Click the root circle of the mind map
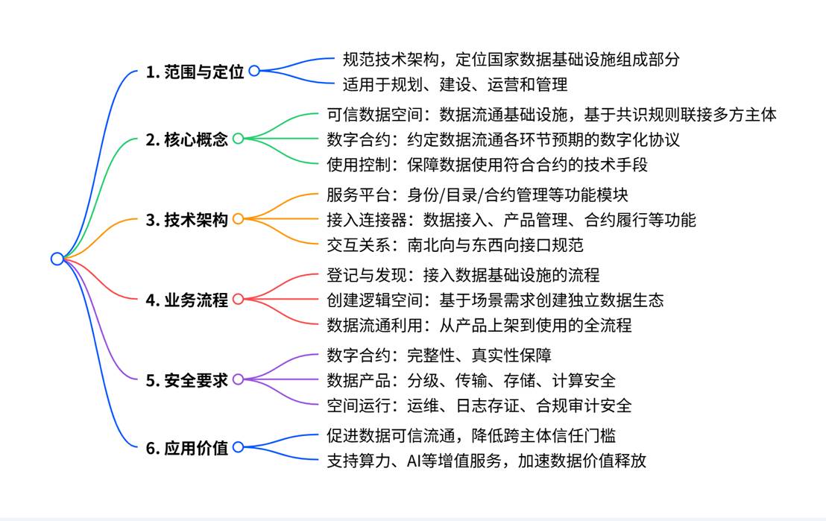coord(57,259)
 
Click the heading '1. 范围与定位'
coord(195,72)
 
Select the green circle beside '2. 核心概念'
coord(238,139)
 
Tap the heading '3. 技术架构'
coord(187,219)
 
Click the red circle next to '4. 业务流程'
coord(238,300)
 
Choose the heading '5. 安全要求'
coord(187,380)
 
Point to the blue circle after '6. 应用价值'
coord(238,447)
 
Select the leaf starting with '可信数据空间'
coord(552,115)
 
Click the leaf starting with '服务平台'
coord(478,195)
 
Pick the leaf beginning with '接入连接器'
coord(511,219)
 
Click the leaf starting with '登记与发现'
coord(463,276)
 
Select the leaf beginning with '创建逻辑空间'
coord(495,300)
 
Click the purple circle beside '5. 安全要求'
coord(238,380)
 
